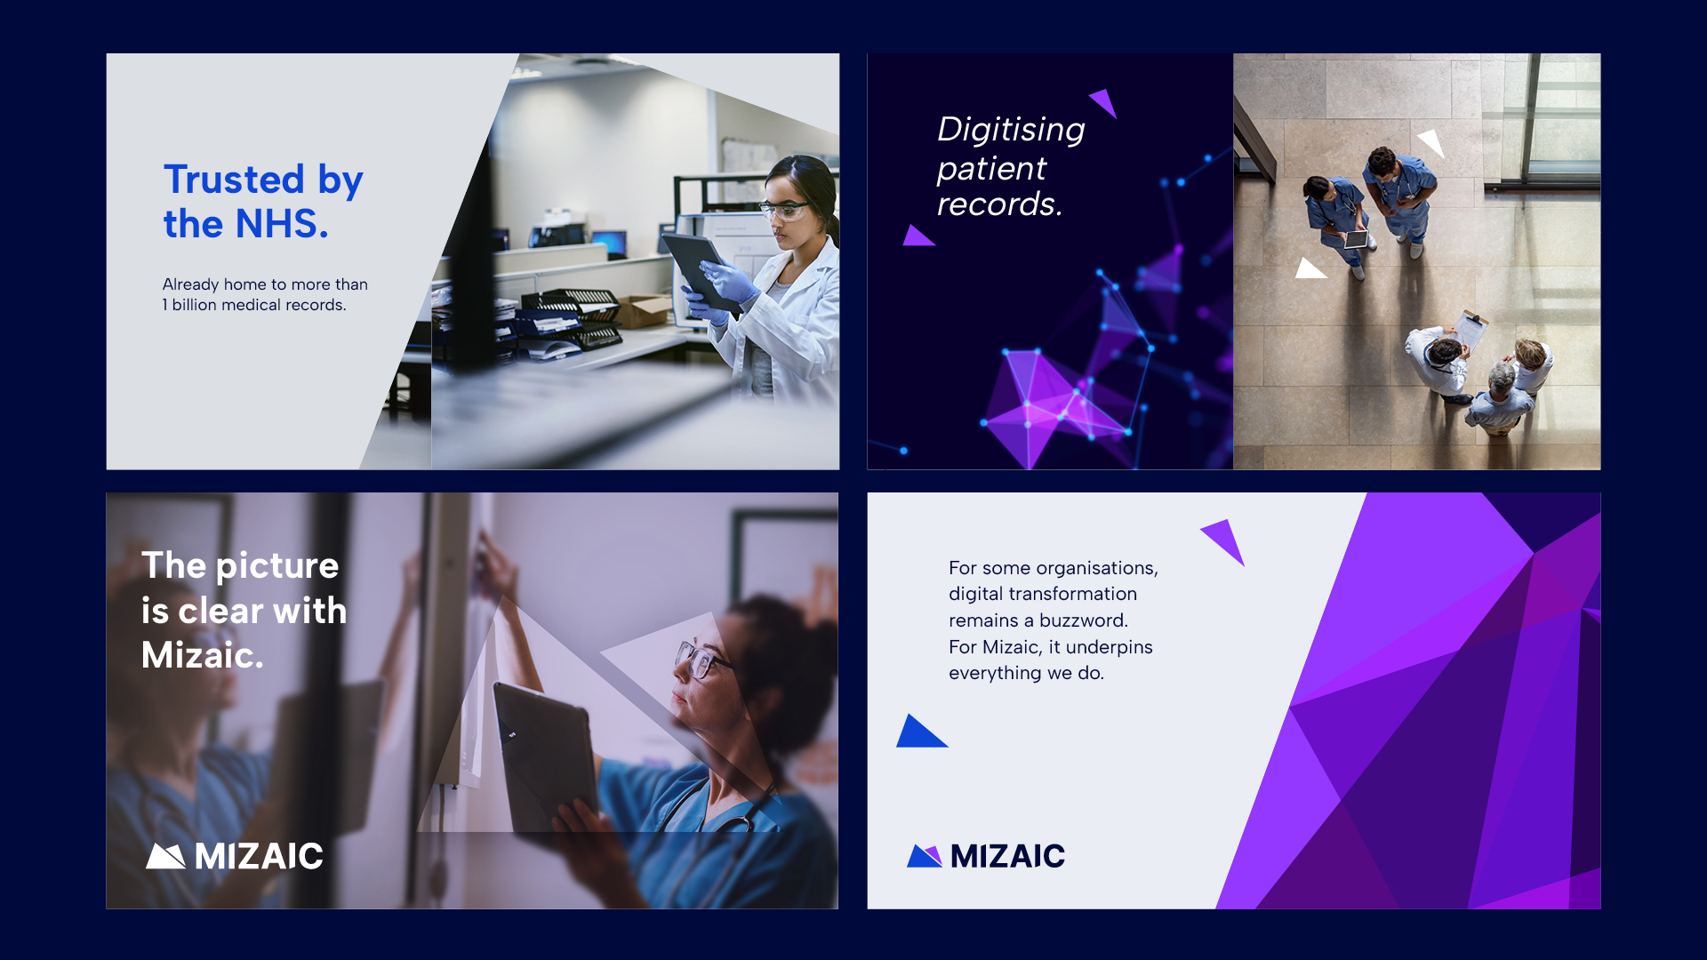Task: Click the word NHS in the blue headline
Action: pyautogui.click(x=282, y=224)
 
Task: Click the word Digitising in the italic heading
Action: pyautogui.click(x=1011, y=130)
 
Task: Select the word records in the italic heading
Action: pyautogui.click(x=998, y=204)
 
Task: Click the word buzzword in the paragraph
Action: pyautogui.click(x=1082, y=620)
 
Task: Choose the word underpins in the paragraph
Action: pyautogui.click(x=1109, y=647)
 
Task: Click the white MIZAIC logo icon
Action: pyautogui.click(x=165, y=856)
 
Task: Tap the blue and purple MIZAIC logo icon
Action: pyautogui.click(x=925, y=856)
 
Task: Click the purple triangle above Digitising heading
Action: pyautogui.click(x=1105, y=101)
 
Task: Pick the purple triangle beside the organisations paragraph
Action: pyautogui.click(x=1226, y=539)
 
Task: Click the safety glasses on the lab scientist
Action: pyautogui.click(x=784, y=211)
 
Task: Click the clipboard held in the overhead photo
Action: pyautogui.click(x=1470, y=330)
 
